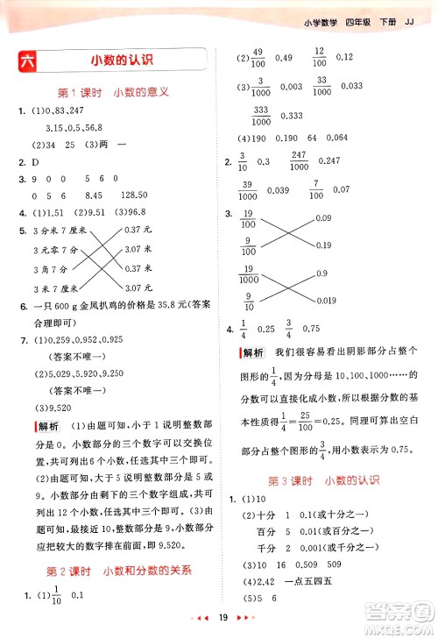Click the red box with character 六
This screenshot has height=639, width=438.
point(27,61)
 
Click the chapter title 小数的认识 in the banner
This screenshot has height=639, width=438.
point(122,61)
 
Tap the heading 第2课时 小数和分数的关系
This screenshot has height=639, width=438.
point(119,570)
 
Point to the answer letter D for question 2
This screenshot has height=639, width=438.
point(36,161)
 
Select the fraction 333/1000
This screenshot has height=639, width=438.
point(260,115)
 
